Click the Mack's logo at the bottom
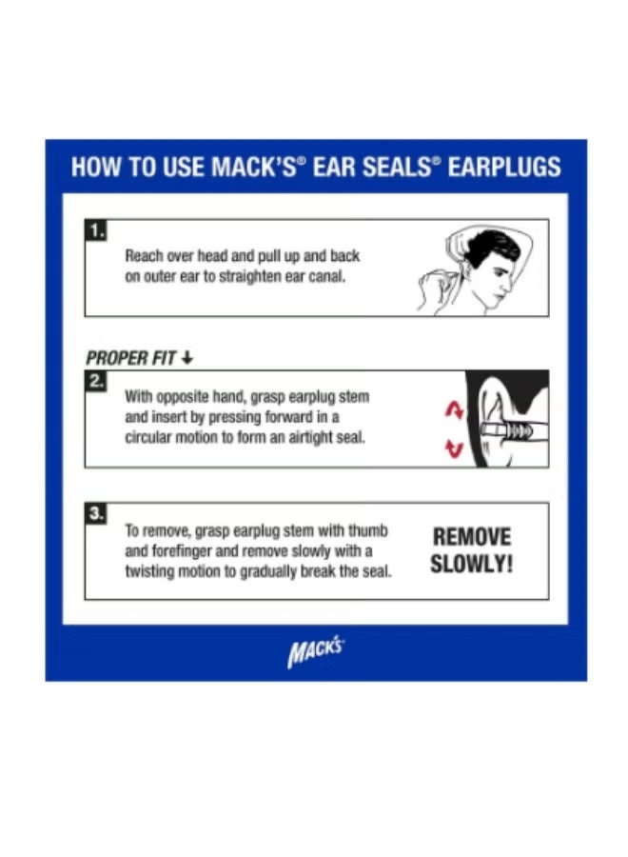click(315, 654)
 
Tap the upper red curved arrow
click(454, 409)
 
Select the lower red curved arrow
click(455, 448)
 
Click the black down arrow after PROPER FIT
click(187, 359)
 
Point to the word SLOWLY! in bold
click(471, 563)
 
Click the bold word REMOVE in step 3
click(472, 537)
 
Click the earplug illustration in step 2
click(504, 429)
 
